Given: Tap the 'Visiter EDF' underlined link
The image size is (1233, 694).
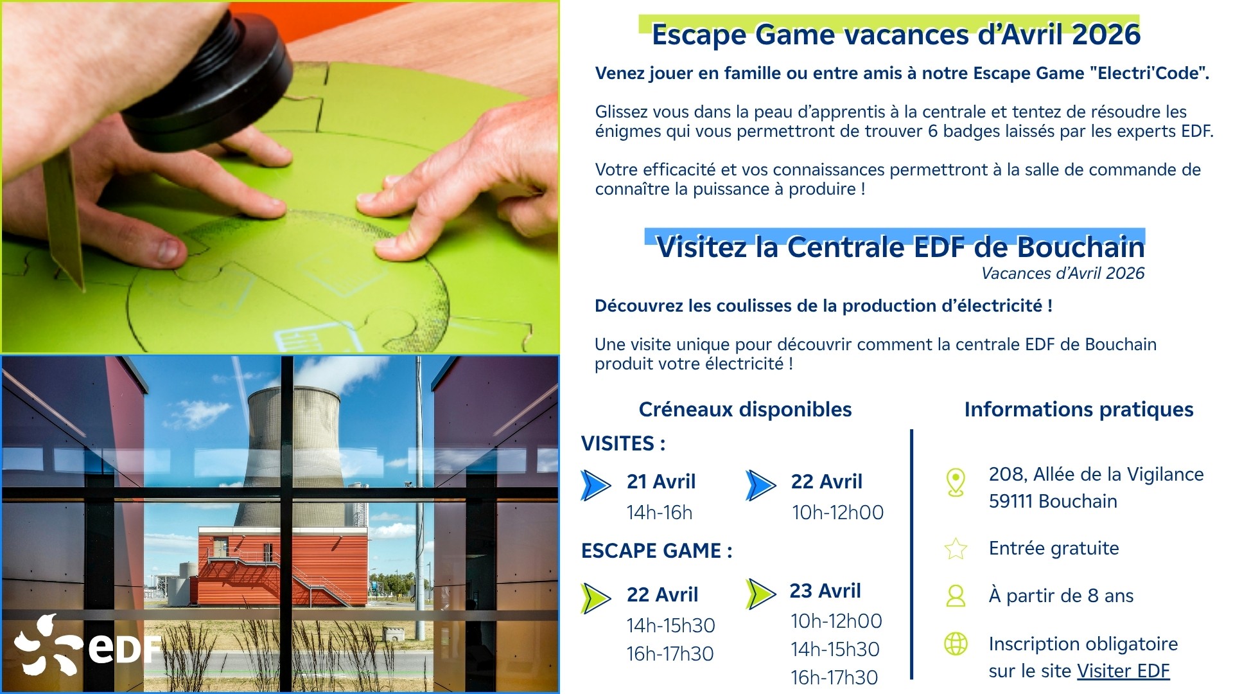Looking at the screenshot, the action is [1123, 671].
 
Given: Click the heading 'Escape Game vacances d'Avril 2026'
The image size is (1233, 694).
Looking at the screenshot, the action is [896, 35].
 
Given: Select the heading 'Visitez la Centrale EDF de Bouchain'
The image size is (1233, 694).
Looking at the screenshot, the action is [900, 247].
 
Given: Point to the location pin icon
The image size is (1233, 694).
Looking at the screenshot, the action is [956, 482].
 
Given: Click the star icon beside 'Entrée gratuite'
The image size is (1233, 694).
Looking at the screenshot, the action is [956, 549].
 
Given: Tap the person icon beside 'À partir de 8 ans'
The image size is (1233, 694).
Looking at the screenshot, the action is [956, 596].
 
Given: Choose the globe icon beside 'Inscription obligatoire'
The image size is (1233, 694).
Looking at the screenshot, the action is [956, 643].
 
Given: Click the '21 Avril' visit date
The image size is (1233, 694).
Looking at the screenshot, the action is [661, 481].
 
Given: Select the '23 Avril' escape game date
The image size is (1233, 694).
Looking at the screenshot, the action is [825, 591].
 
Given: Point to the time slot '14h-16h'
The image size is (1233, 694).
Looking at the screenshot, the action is [660, 512].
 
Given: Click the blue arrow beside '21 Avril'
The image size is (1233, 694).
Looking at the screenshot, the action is [595, 485].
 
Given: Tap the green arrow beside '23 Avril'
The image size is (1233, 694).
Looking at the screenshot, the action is [761, 594].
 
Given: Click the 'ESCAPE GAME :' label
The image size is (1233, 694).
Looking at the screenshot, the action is [656, 551].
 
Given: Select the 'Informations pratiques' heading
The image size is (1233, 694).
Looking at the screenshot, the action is [1079, 409].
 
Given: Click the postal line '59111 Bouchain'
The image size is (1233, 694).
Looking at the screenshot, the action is [1053, 501].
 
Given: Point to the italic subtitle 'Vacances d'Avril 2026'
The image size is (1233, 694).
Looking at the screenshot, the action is [1063, 273].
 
